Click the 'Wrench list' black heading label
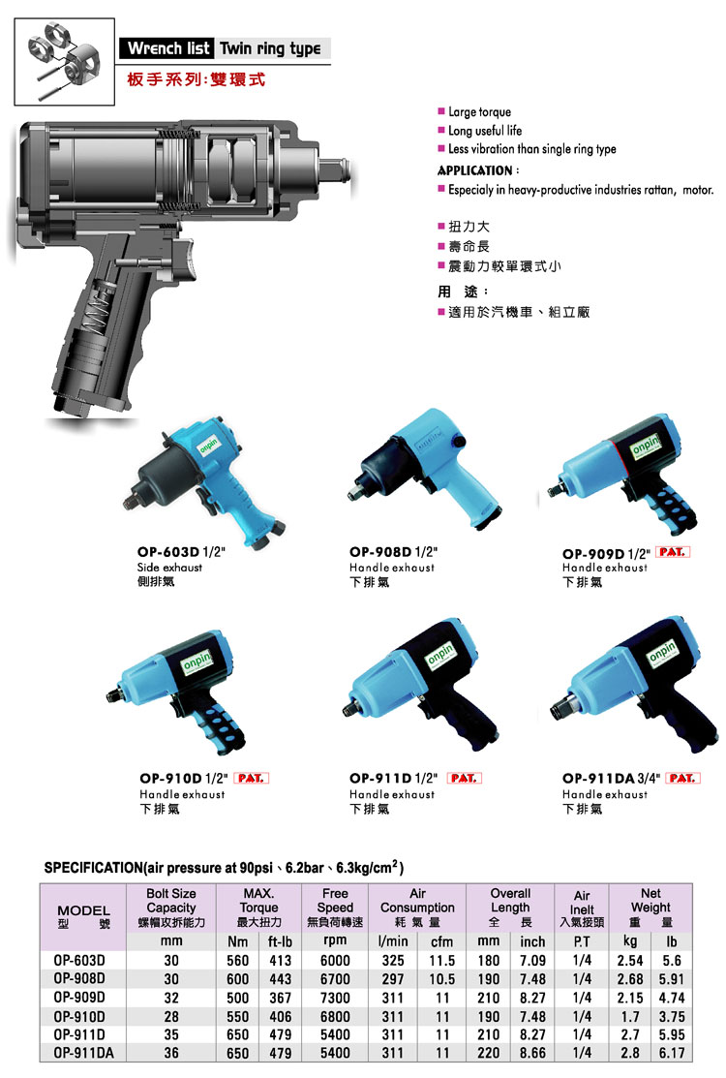(168, 48)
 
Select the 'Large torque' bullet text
(479, 112)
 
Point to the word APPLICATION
(475, 170)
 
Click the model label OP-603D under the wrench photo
(167, 552)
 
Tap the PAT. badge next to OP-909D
(673, 552)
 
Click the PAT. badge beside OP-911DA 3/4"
(682, 779)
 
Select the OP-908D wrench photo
(425, 470)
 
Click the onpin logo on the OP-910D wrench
(197, 662)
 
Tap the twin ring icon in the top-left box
(64, 60)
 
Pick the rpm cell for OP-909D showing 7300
(335, 998)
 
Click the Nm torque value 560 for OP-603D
(238, 961)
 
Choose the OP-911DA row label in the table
(84, 1053)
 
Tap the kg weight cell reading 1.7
(630, 1016)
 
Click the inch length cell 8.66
(532, 1053)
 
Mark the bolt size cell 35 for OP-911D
(171, 1034)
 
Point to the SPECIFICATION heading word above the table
(94, 868)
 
